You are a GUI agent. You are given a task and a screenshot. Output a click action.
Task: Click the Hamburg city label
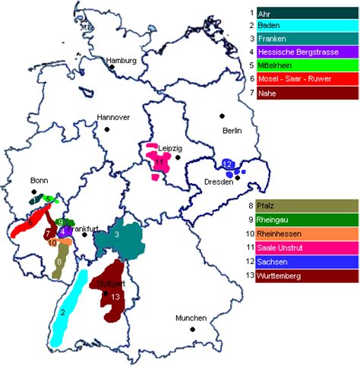[122, 59]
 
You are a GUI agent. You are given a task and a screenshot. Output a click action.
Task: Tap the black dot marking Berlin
[223, 115]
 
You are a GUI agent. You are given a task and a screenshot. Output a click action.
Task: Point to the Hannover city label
[113, 117]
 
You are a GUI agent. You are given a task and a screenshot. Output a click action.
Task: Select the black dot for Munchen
[193, 328]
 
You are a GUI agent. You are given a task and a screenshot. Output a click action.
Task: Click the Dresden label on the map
[219, 182]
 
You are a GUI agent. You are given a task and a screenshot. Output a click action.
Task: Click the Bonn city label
[39, 180]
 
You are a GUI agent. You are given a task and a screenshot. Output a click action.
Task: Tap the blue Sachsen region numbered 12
[227, 166]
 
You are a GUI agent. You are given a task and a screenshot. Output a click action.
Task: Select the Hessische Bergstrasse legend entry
[308, 52]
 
